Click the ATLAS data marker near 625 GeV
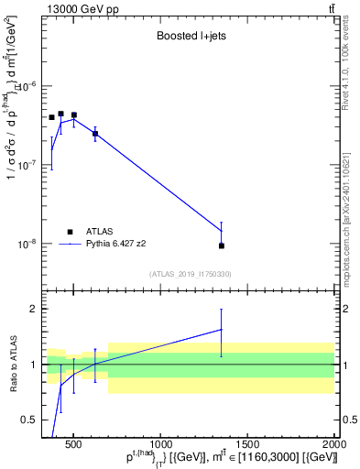pos(95,134)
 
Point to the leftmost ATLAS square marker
pos(51,117)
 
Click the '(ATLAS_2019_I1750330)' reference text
pos(190,274)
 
